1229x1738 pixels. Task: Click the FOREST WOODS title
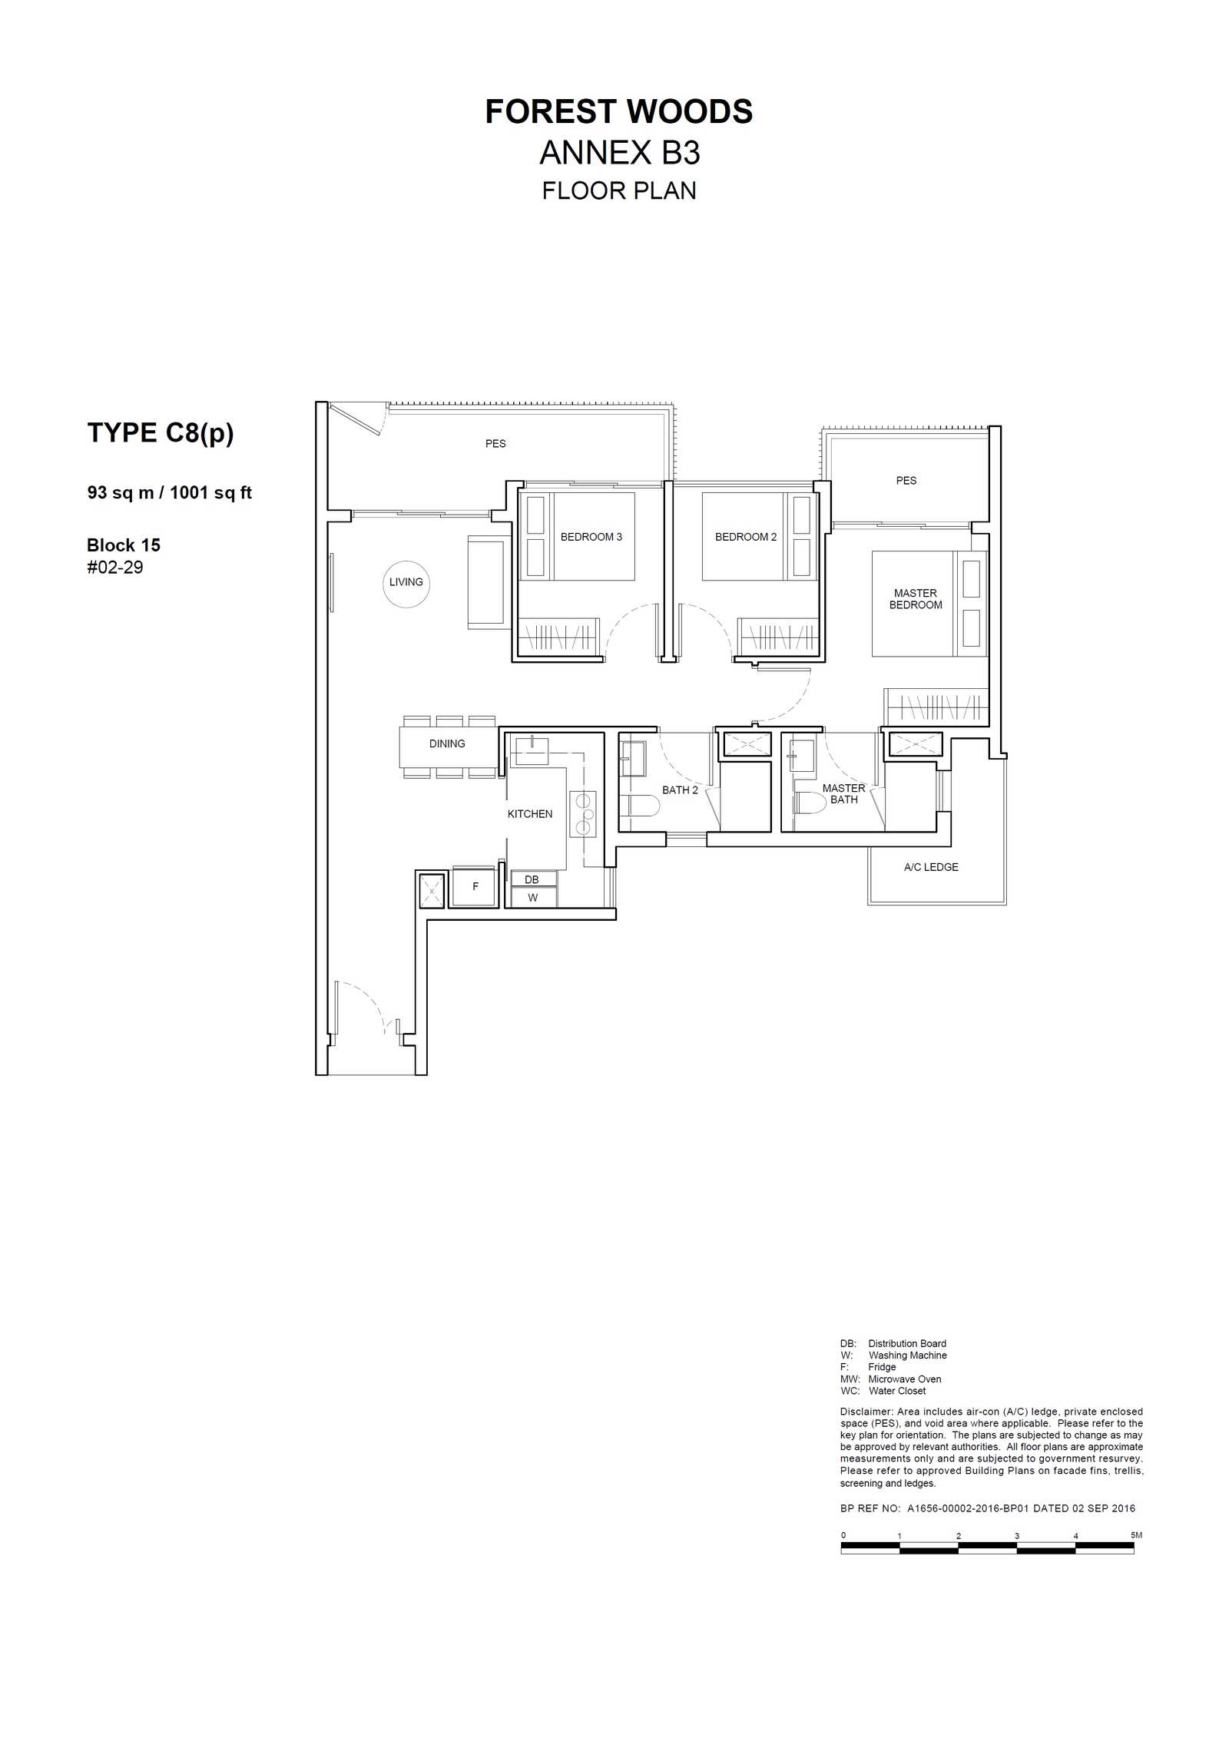pyautogui.click(x=618, y=112)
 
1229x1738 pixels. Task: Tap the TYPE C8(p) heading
pyautogui.click(x=161, y=433)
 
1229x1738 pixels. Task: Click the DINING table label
pyautogui.click(x=447, y=743)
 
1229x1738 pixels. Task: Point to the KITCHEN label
pyautogui.click(x=530, y=813)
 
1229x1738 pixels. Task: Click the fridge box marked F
pyautogui.click(x=475, y=887)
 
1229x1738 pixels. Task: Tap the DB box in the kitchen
pyautogui.click(x=532, y=879)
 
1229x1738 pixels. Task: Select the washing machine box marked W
pyautogui.click(x=532, y=897)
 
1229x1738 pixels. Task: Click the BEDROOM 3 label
pyautogui.click(x=591, y=537)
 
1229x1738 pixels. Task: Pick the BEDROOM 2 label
pyautogui.click(x=746, y=537)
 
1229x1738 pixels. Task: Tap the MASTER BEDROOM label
pyautogui.click(x=916, y=599)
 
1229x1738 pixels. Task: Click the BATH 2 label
pyautogui.click(x=680, y=790)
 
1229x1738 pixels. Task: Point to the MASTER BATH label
pyautogui.click(x=843, y=794)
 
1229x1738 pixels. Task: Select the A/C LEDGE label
pyautogui.click(x=931, y=867)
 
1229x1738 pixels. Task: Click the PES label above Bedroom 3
pyautogui.click(x=495, y=443)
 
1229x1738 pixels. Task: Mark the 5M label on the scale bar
pyautogui.click(x=1136, y=1534)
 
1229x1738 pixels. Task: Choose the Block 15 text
pyautogui.click(x=124, y=545)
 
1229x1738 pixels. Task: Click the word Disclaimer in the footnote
pyautogui.click(x=866, y=1412)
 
